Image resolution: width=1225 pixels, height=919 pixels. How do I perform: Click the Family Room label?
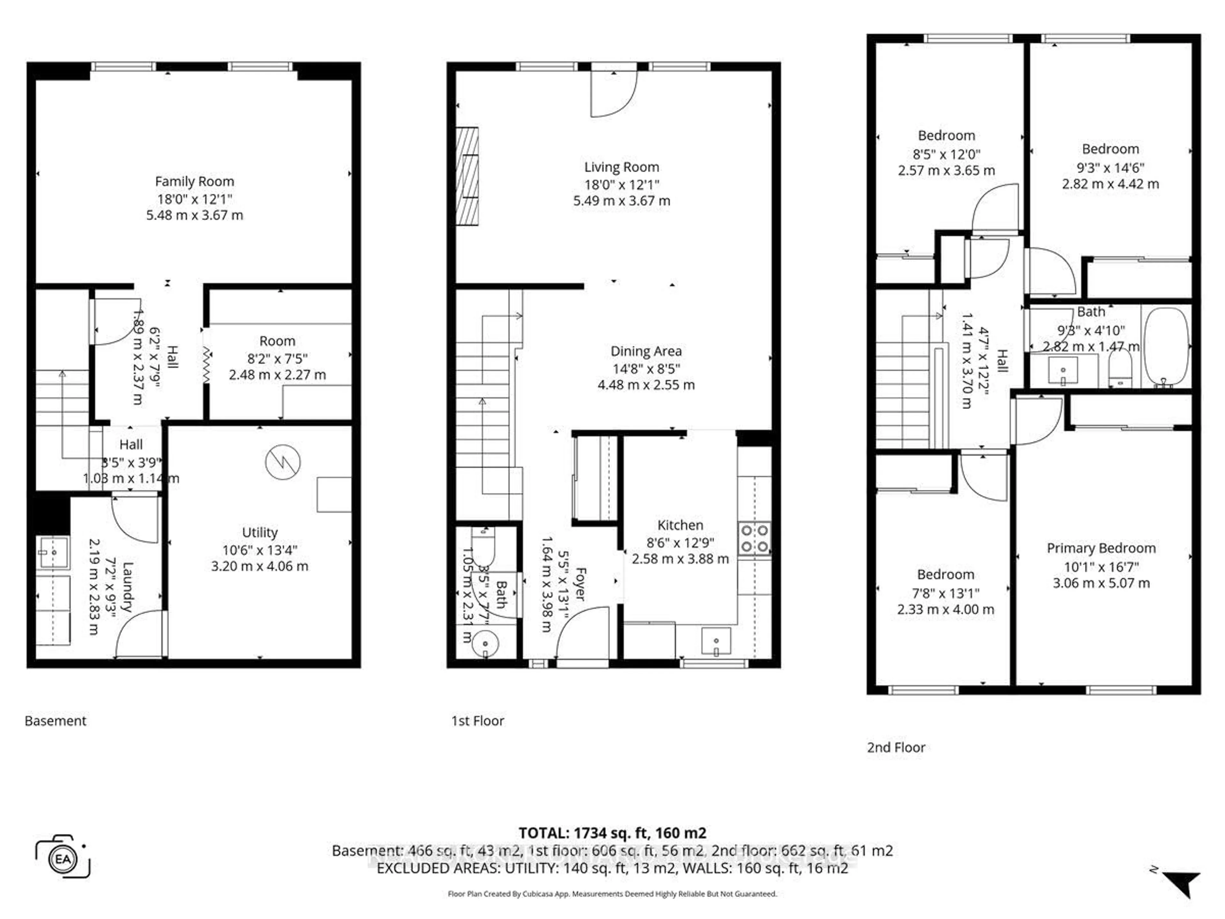pos(194,181)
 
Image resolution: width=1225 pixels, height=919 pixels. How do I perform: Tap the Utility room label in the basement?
pos(260,532)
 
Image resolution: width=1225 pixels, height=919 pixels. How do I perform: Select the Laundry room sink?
pos(54,552)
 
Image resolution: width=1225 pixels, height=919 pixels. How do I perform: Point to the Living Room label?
pos(621,167)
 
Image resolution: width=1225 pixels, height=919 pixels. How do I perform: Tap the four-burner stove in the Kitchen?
pos(754,538)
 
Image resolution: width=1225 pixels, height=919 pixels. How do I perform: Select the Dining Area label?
pos(646,351)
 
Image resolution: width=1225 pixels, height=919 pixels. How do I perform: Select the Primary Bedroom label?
pos(1101,549)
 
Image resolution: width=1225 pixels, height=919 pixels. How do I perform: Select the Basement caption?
pos(56,721)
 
